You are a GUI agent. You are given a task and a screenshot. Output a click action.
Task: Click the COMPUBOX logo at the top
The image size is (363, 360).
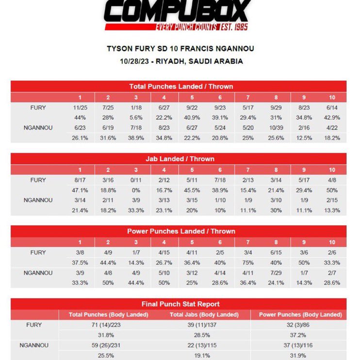point(178,15)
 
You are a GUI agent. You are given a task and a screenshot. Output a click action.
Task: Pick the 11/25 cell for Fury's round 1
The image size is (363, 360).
point(80,107)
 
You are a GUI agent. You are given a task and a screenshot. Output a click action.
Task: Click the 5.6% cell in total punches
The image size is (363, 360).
point(136,117)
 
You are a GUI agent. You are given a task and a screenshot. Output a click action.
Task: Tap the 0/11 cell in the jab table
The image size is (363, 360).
point(136,180)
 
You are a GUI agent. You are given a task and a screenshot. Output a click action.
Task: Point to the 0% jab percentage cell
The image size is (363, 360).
point(136,190)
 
